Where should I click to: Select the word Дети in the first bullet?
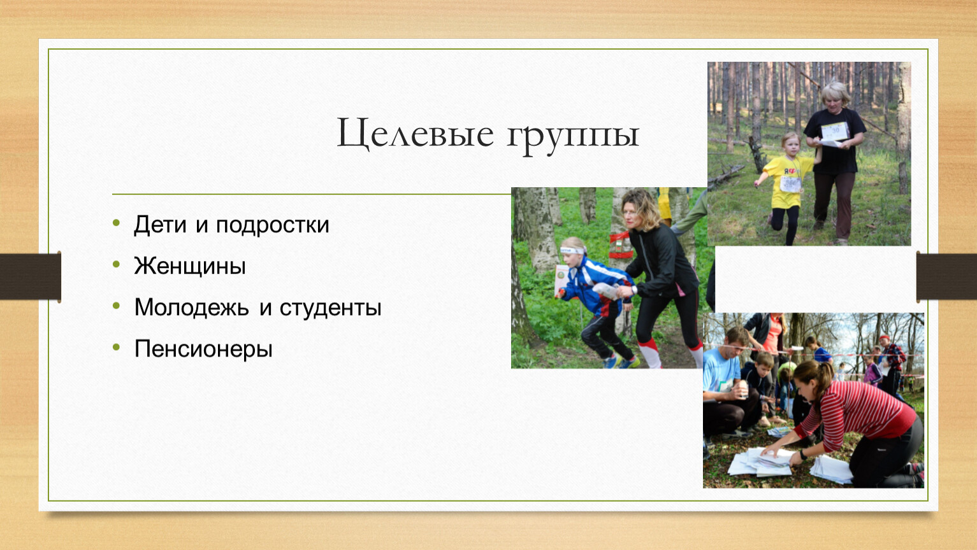click(160, 225)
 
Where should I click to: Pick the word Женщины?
click(190, 266)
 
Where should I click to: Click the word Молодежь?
click(192, 307)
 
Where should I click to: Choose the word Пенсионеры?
click(203, 349)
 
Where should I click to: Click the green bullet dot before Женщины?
click(116, 264)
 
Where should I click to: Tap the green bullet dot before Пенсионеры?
click(116, 348)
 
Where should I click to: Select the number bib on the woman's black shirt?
click(834, 130)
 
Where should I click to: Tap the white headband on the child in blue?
click(572, 250)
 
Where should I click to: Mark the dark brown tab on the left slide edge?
click(30, 277)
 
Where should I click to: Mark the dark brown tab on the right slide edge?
click(946, 277)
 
